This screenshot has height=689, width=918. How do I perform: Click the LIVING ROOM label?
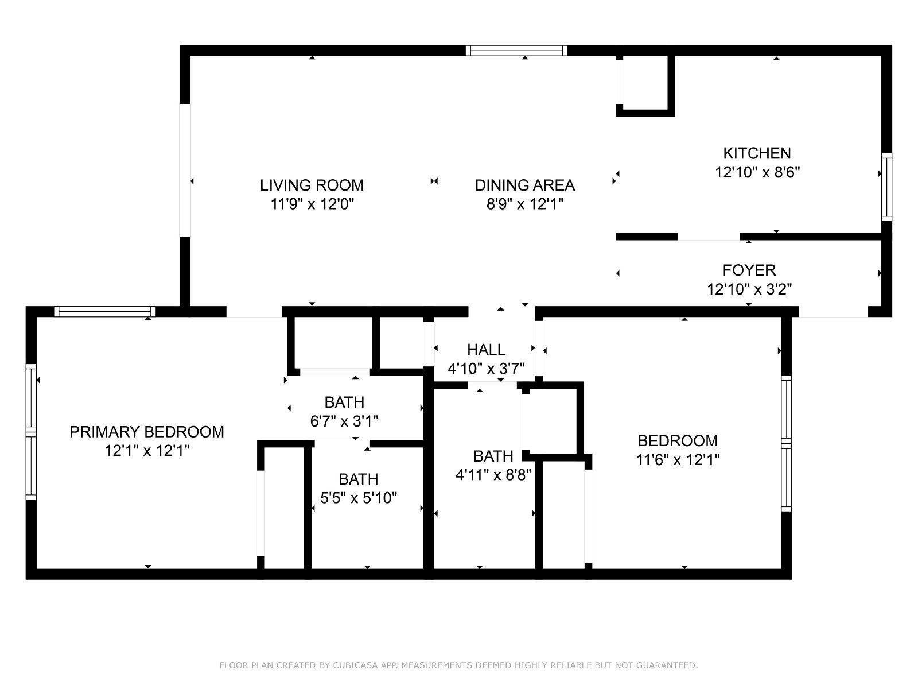[312, 185]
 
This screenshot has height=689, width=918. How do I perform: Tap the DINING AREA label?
[524, 185]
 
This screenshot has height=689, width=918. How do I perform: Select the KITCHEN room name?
[757, 153]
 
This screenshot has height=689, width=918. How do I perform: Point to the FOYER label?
[749, 270]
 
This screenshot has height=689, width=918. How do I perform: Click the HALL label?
[486, 349]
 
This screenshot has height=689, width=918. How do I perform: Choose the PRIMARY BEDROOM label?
[147, 431]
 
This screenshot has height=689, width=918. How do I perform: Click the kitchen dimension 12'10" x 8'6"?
[757, 172]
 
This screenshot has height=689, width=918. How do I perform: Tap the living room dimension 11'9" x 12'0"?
[312, 204]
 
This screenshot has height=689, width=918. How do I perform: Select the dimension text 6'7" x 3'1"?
[344, 421]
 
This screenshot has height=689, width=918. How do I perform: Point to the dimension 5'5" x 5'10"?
[359, 497]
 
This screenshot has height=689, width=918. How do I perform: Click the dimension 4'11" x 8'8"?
[493, 474]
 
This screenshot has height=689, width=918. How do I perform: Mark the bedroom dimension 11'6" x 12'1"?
[678, 459]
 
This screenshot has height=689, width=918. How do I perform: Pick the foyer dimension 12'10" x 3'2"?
[749, 289]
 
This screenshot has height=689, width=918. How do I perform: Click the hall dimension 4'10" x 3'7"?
[486, 368]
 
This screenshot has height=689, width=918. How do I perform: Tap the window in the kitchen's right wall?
[886, 187]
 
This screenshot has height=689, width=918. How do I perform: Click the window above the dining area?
[516, 51]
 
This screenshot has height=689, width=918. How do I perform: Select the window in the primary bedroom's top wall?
[104, 311]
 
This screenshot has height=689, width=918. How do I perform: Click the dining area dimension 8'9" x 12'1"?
[524, 204]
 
